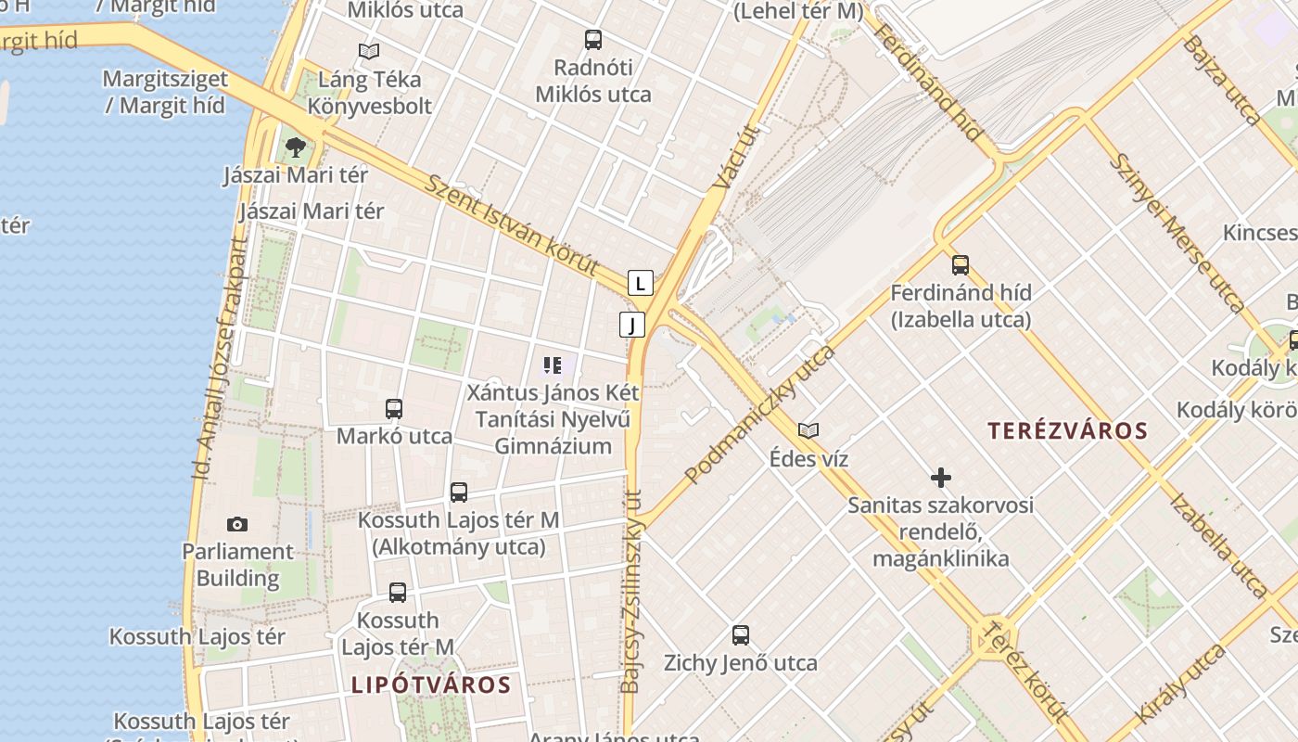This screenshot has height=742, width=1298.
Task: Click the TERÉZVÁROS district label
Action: point(1067,431)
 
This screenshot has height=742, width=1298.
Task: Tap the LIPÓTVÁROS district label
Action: point(431,685)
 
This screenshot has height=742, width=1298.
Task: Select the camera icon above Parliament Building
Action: point(237,524)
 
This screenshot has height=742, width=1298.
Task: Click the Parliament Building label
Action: point(237,565)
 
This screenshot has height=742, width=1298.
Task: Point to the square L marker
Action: point(641,283)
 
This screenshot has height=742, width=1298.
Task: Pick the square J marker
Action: point(632,325)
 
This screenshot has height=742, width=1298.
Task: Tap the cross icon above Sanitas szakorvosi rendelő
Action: point(941,478)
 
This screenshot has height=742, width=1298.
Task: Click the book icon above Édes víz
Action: point(808,430)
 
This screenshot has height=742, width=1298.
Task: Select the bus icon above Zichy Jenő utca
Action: point(740,635)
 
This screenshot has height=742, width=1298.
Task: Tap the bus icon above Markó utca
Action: point(394,408)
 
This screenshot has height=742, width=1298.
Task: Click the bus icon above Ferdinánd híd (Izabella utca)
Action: point(961,265)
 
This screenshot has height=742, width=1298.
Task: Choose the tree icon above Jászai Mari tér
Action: point(296,147)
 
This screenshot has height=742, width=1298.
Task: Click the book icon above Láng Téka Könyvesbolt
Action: point(369,52)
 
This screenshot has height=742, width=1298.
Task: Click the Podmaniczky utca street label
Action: point(759,415)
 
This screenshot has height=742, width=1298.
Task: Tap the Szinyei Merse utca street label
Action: point(1177,232)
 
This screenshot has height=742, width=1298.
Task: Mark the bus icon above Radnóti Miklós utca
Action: point(593,40)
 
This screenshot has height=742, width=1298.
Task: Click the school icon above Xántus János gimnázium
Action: point(553,365)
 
